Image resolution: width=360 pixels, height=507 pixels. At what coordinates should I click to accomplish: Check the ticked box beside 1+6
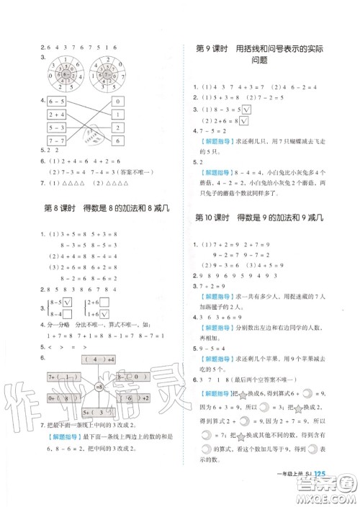pos(105,315)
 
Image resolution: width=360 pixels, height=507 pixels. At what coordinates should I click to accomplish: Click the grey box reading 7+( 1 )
pos(63,375)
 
